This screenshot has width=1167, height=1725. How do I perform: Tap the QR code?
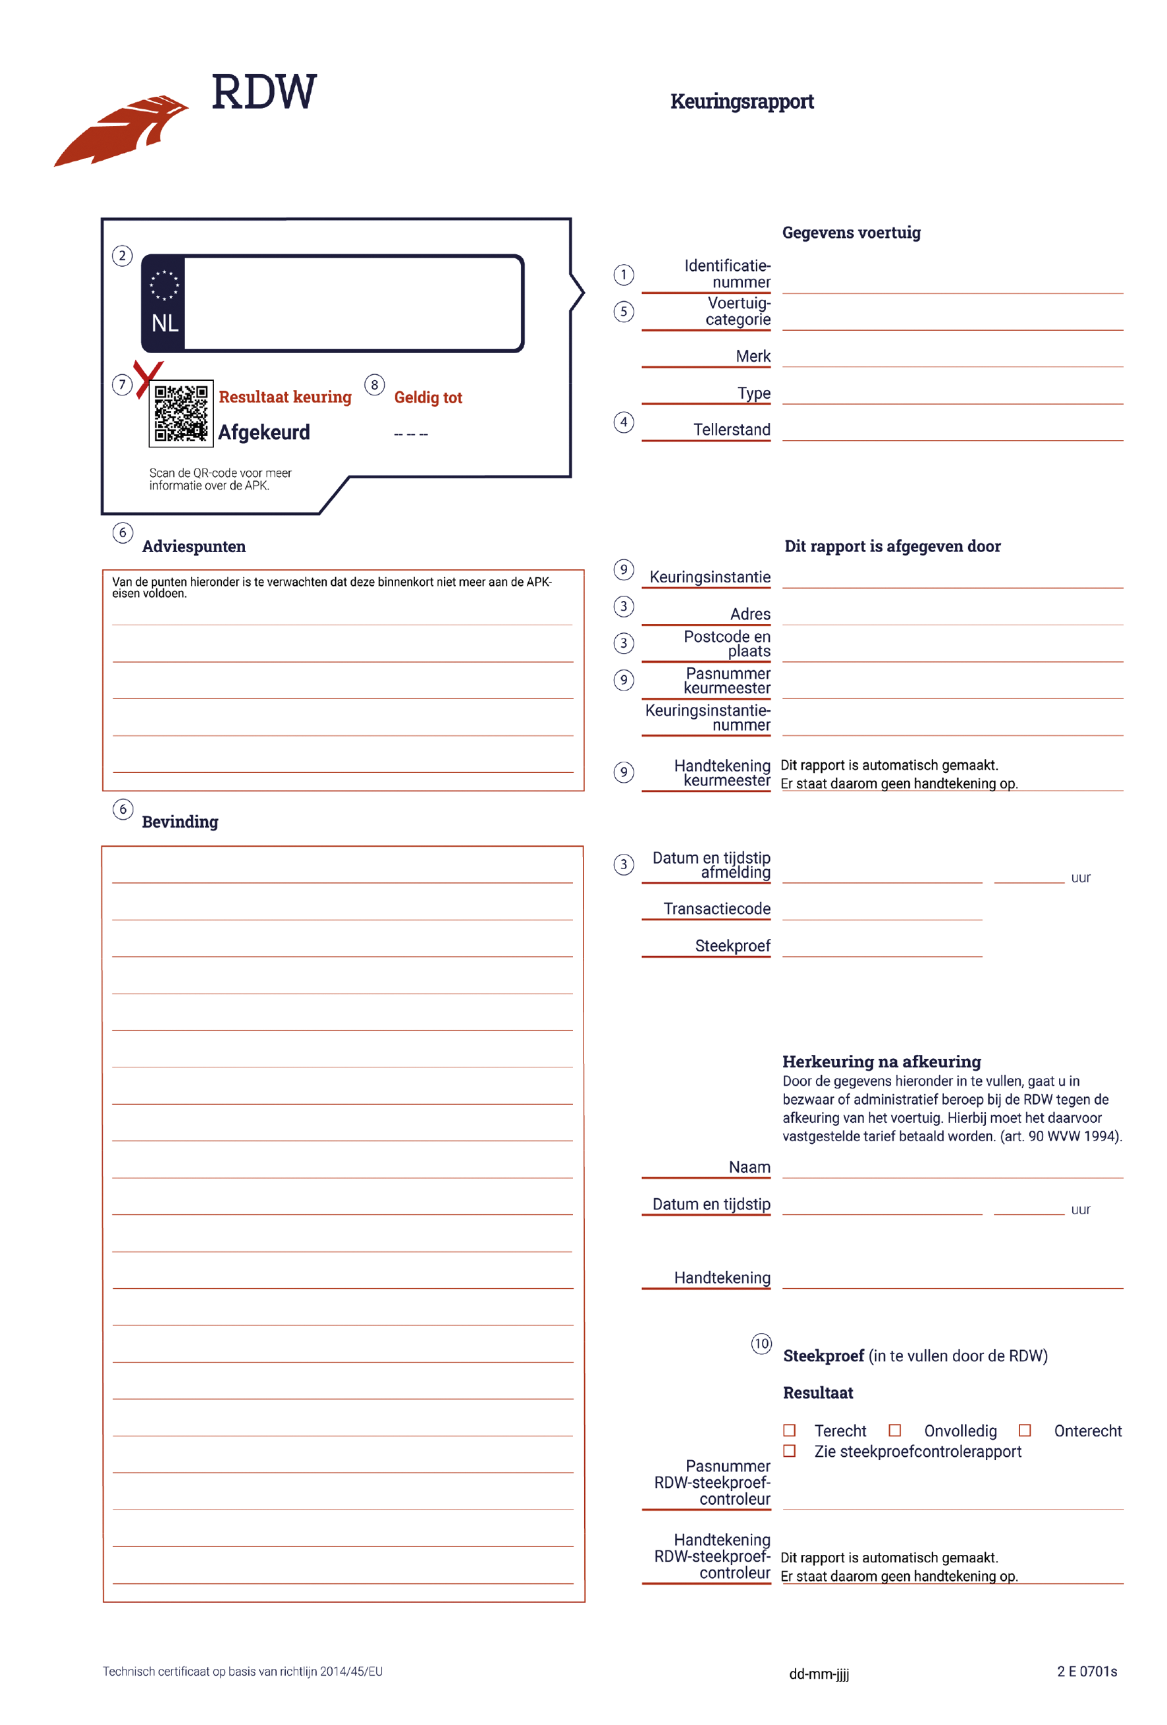click(x=180, y=412)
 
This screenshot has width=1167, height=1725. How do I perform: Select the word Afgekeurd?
click(x=263, y=432)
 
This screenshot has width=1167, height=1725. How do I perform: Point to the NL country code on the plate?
click(x=165, y=323)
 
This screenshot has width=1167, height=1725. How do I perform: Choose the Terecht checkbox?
click(x=790, y=1430)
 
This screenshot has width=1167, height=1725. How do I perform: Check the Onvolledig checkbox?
click(x=895, y=1430)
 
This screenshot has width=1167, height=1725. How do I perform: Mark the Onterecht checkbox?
click(x=1025, y=1430)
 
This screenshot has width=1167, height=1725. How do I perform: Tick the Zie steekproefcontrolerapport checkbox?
click(x=790, y=1451)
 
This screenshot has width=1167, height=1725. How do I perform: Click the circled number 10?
click(x=761, y=1343)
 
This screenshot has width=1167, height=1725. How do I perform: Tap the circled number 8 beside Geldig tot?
click(x=374, y=385)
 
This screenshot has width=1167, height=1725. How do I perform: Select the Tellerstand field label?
click(x=732, y=430)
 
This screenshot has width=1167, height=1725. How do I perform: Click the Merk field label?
click(x=753, y=356)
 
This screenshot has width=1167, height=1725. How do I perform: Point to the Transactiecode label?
click(x=717, y=909)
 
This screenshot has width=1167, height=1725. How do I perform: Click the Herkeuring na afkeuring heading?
click(x=881, y=1061)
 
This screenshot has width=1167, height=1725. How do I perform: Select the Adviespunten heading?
click(x=194, y=546)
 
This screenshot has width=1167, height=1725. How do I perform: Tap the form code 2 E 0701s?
click(x=1087, y=1671)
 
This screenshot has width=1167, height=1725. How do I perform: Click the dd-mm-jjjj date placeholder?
click(x=819, y=1674)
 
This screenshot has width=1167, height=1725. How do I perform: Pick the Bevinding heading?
click(x=180, y=822)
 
